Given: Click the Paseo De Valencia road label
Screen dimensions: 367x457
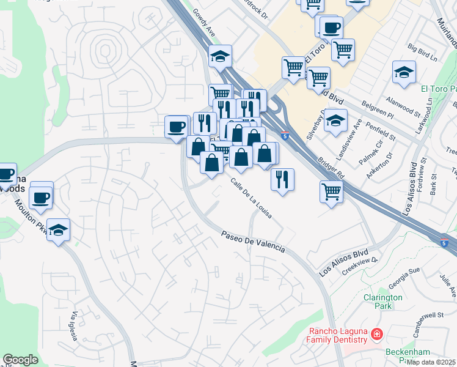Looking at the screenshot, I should coord(253,241).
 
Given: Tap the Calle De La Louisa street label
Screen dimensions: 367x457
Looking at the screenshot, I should coord(251,199).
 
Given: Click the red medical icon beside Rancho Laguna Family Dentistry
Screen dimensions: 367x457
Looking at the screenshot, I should coord(377,335).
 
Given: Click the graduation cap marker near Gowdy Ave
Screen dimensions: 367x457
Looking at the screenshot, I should coord(220,57).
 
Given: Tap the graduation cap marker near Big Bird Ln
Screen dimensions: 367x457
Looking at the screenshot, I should coord(404,72).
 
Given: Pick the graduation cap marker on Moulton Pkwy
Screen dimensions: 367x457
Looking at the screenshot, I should coord(58,230).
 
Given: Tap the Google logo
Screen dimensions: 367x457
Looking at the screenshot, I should coord(20,360).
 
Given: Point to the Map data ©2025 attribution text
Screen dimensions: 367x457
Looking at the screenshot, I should coord(431,362).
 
